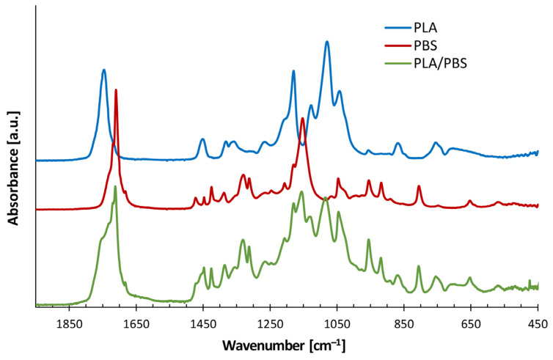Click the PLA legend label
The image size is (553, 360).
click(425, 29)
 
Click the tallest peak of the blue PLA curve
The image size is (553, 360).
click(327, 43)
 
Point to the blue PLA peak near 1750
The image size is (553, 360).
click(104, 70)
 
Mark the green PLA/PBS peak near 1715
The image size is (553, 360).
click(115, 187)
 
